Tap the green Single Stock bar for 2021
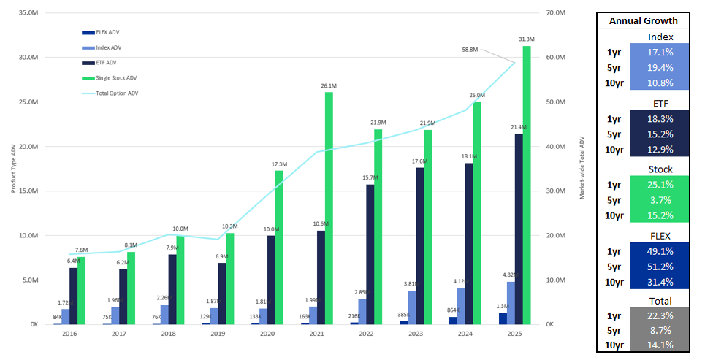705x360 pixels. click(x=328, y=208)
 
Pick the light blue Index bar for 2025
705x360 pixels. click(x=511, y=303)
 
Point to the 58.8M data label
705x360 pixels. click(x=470, y=50)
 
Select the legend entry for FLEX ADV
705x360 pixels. click(x=107, y=32)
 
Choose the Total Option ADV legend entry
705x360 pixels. click(x=117, y=93)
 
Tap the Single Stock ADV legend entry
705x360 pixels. click(x=116, y=78)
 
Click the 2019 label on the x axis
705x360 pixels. click(x=218, y=334)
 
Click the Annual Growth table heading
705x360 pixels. click(x=643, y=20)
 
